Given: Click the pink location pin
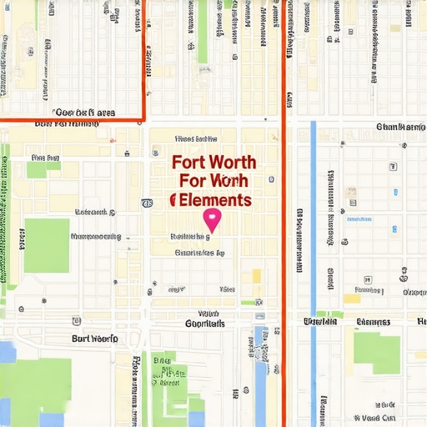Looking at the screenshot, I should [212, 219].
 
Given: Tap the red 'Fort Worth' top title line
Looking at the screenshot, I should [213, 163].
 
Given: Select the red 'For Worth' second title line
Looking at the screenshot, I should [213, 181].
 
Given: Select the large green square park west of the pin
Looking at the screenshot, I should [46, 245].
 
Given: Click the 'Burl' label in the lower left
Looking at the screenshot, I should [94, 339].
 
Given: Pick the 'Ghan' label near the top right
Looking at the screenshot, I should [401, 128].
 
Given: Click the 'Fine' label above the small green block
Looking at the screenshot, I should [45, 157].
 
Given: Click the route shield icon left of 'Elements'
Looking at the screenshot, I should [147, 203].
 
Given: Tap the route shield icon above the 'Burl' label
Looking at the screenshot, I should [77, 320].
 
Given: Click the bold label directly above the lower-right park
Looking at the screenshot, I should [373, 322].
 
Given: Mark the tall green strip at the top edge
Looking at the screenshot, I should [202, 33].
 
